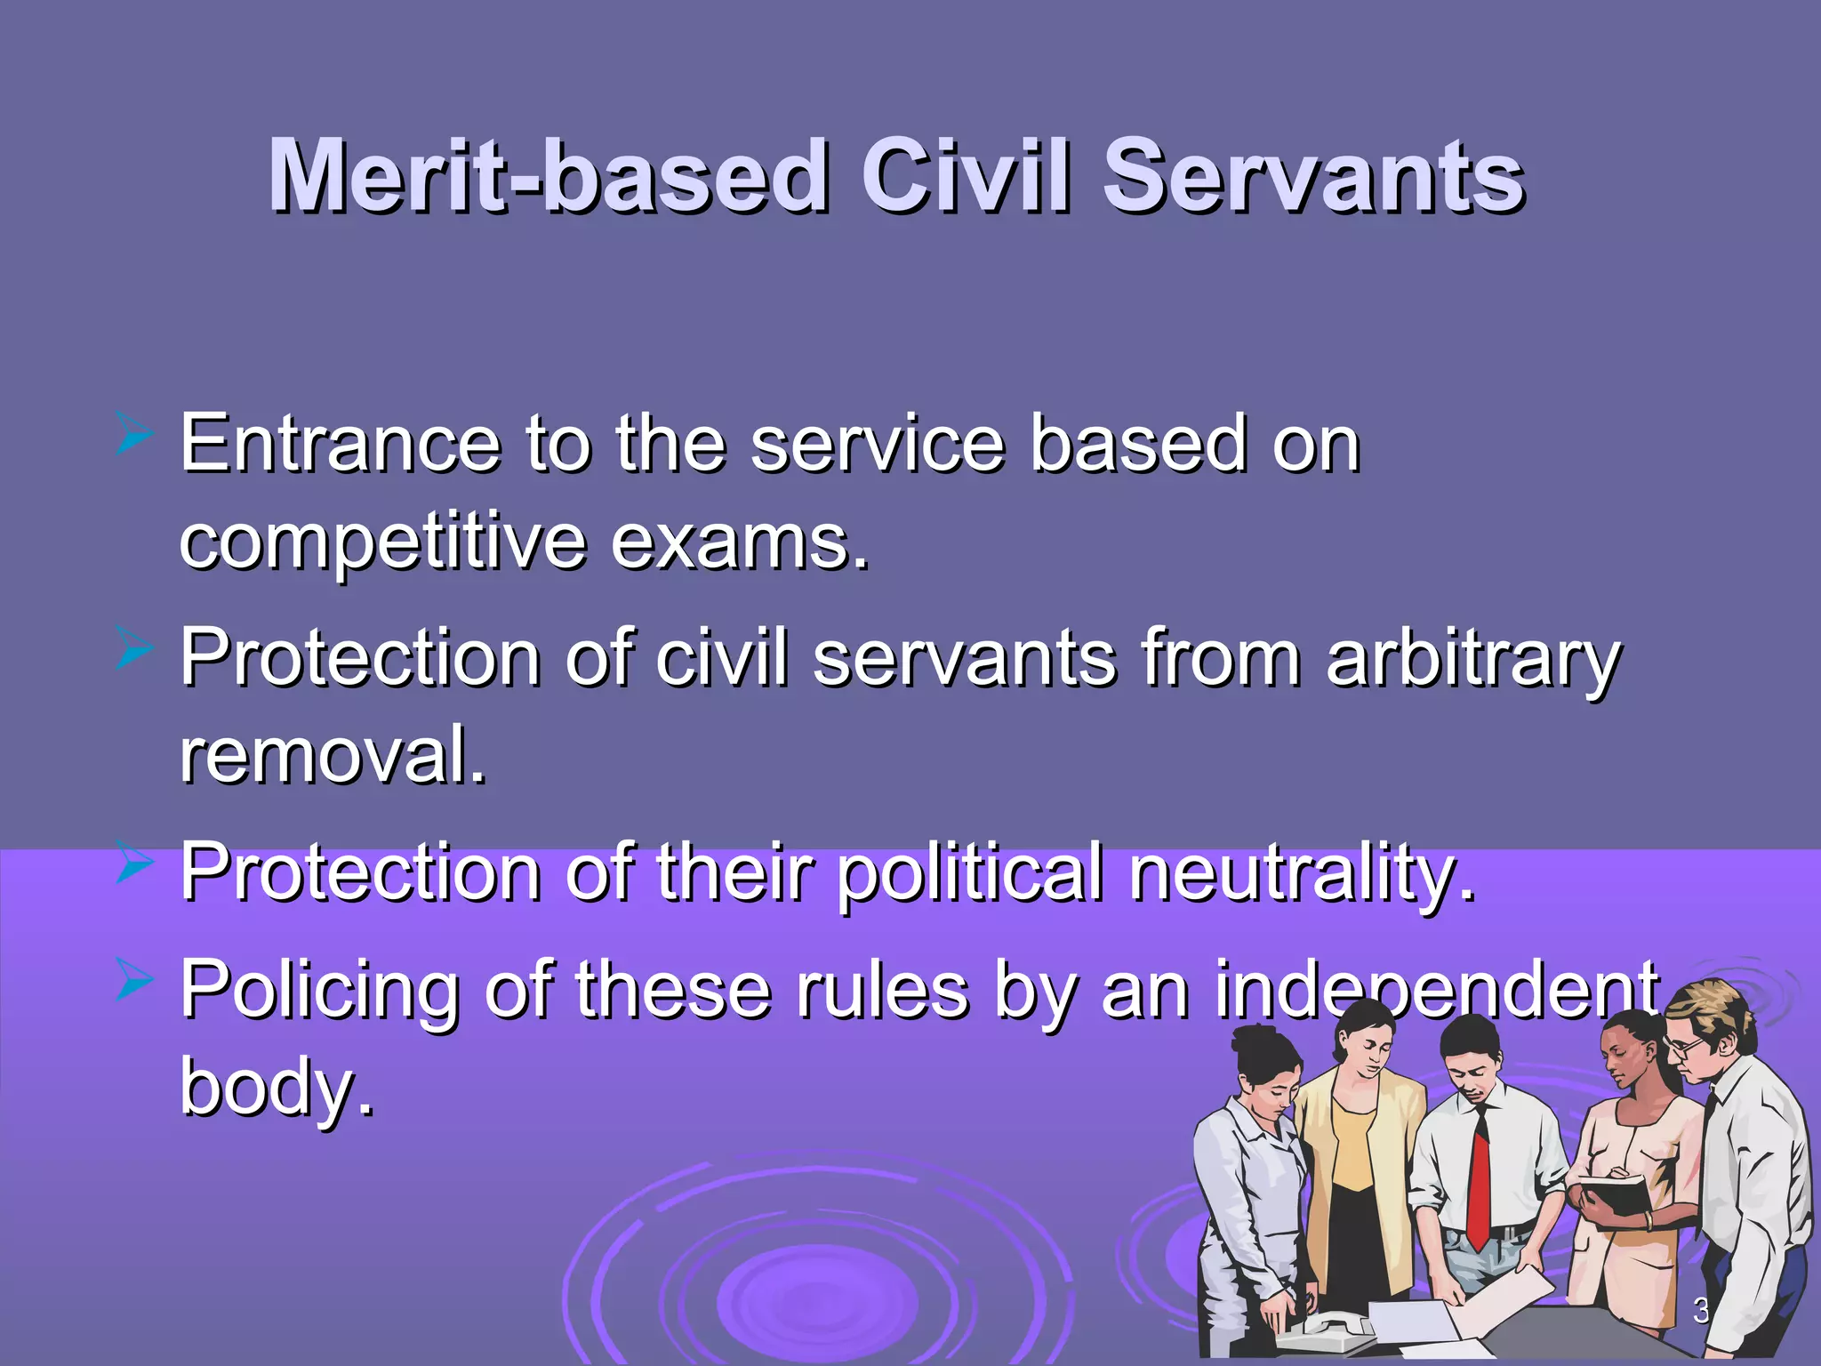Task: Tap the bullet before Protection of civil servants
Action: coord(135,651)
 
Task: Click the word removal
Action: coord(333,754)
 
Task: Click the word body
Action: coord(277,1087)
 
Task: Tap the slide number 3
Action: coord(1700,1309)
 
